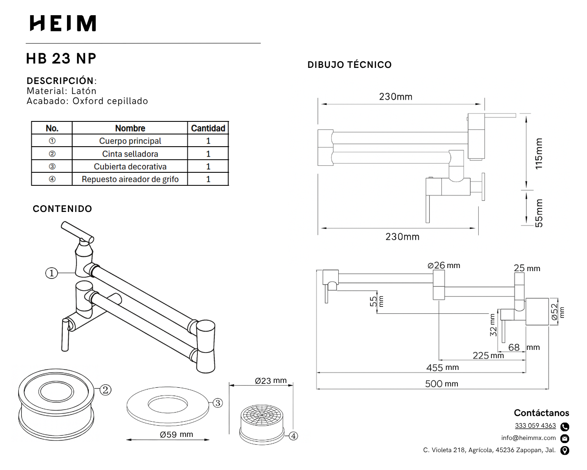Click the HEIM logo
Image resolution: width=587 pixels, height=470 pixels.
click(63, 23)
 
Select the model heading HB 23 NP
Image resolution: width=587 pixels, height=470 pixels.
click(61, 58)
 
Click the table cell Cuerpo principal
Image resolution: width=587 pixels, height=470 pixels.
click(130, 141)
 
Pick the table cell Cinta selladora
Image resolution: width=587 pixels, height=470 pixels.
click(130, 154)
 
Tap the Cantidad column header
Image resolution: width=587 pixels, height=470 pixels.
click(208, 128)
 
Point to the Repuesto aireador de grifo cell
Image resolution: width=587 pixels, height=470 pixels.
click(130, 179)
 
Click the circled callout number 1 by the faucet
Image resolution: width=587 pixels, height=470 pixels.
click(52, 273)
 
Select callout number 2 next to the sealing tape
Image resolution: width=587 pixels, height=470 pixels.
click(106, 389)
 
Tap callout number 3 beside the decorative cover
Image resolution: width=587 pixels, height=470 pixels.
click(218, 403)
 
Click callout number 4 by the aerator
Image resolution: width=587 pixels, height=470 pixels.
click(293, 436)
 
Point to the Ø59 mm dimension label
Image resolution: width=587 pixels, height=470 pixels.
click(176, 434)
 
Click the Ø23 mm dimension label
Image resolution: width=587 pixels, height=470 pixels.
click(270, 381)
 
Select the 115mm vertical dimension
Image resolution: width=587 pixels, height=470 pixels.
click(539, 154)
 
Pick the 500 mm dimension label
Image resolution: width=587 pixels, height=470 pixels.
click(441, 384)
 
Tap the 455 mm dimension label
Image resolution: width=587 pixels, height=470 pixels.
click(442, 368)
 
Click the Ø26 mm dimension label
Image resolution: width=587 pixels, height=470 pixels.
click(444, 265)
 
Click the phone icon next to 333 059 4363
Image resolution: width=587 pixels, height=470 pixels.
click(565, 426)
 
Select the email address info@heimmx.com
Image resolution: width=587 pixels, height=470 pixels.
click(528, 438)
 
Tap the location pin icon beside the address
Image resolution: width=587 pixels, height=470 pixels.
click(565, 450)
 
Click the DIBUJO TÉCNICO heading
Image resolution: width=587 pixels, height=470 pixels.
click(349, 65)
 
